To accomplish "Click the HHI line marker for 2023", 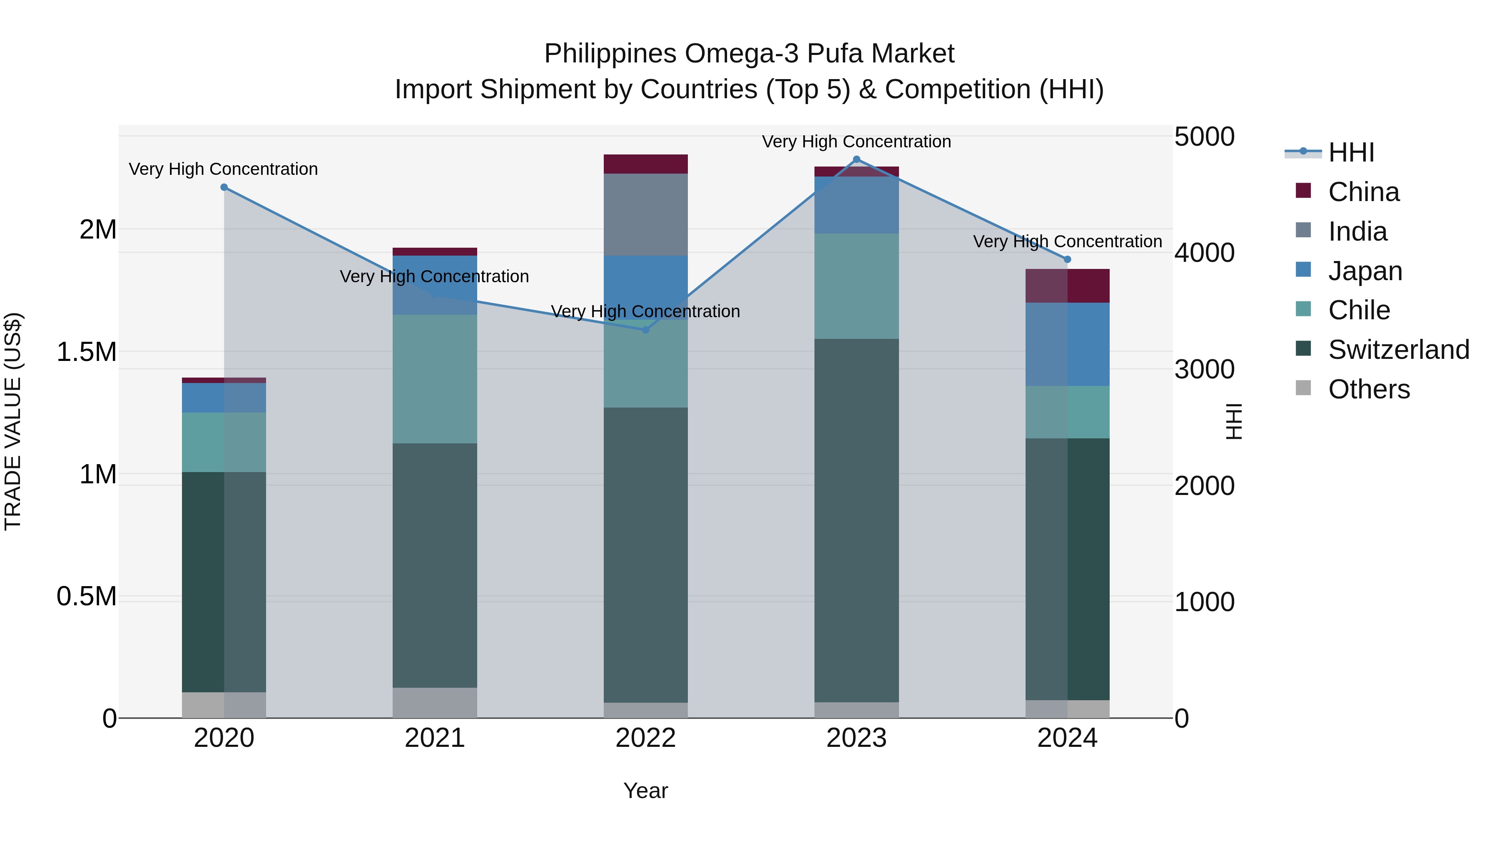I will pyautogui.click(x=856, y=159).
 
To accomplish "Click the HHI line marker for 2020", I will pyautogui.click(x=224, y=187).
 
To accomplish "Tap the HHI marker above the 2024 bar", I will pyautogui.click(x=1067, y=259).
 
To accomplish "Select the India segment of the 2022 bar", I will pyautogui.click(x=645, y=214).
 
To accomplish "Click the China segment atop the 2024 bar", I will pyautogui.click(x=1067, y=286).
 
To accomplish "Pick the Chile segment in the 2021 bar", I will pyautogui.click(x=435, y=379).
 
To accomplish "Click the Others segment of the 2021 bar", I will pyautogui.click(x=435, y=702).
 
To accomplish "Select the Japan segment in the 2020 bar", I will pyautogui.click(x=224, y=398).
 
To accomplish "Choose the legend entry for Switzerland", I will pyautogui.click(x=1398, y=350).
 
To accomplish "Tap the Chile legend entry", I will pyautogui.click(x=1359, y=310).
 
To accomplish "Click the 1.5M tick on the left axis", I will pyautogui.click(x=86, y=352).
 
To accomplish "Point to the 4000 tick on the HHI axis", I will pyautogui.click(x=1204, y=253).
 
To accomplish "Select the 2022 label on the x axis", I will pyautogui.click(x=645, y=738).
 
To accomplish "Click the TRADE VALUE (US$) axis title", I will pyautogui.click(x=13, y=421).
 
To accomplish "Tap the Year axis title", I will pyautogui.click(x=645, y=791).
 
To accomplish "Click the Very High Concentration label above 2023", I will pyautogui.click(x=856, y=142).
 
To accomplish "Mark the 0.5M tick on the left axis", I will pyautogui.click(x=86, y=596).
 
